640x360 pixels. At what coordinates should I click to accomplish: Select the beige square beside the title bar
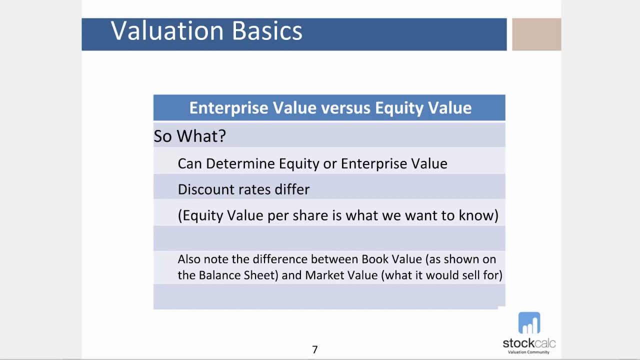pos(536,34)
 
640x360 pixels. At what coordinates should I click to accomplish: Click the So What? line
pos(189,136)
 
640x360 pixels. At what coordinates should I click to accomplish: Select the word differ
pos(292,189)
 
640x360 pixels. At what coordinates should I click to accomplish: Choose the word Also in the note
pos(188,259)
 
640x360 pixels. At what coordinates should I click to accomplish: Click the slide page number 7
pos(314,349)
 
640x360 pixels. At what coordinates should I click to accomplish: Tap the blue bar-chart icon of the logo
pos(529,323)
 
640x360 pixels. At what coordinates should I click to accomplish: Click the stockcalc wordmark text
pos(529,343)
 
